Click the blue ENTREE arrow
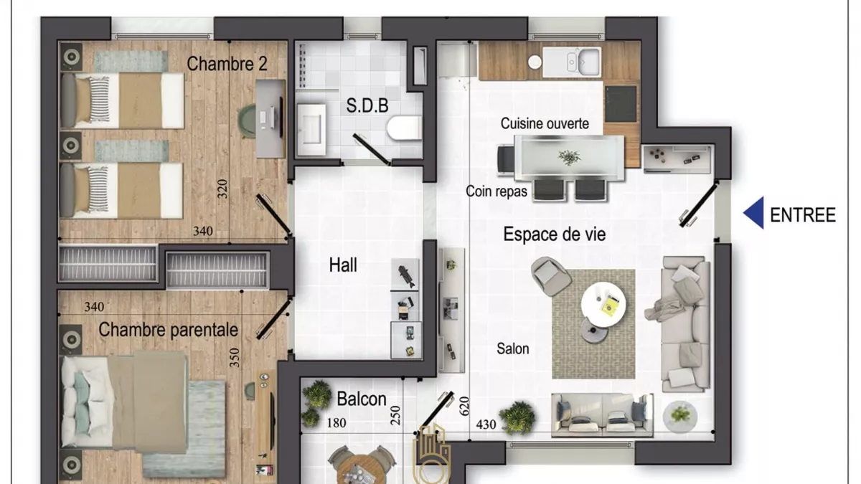coord(754,213)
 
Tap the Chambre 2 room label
coord(227,64)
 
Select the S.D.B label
coord(367,105)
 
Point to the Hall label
coord(343,265)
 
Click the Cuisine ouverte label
coord(545,123)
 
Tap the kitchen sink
coord(572,62)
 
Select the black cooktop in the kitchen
coord(621,104)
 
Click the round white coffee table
coord(603,304)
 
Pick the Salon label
coord(513,348)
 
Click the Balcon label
coord(362,399)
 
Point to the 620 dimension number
coord(465,406)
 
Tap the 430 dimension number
coord(486,424)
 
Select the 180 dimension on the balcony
coord(337,423)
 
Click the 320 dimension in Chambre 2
coord(222,189)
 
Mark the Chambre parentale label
coord(168,330)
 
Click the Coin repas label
coord(497,191)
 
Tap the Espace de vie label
coord(554,234)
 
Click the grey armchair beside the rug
coord(550,276)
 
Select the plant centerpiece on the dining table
coord(569,157)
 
